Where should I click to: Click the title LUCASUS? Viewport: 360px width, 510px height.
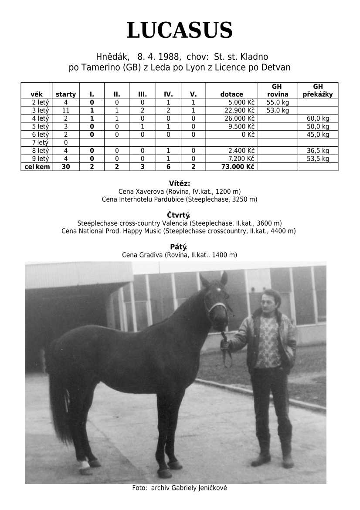click(180, 31)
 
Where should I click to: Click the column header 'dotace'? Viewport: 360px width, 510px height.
click(231, 94)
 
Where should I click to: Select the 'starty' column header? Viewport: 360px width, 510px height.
click(66, 94)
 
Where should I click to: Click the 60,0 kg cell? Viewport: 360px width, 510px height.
click(318, 118)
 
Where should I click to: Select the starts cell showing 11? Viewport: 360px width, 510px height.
click(66, 110)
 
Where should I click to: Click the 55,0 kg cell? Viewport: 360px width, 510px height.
click(278, 102)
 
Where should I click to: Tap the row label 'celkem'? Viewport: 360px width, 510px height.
click(37, 167)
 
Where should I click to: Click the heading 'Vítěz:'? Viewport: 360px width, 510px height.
click(180, 184)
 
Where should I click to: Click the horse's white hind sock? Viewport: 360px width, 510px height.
click(84, 465)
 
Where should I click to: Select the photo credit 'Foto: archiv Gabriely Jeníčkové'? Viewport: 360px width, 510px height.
click(180, 488)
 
